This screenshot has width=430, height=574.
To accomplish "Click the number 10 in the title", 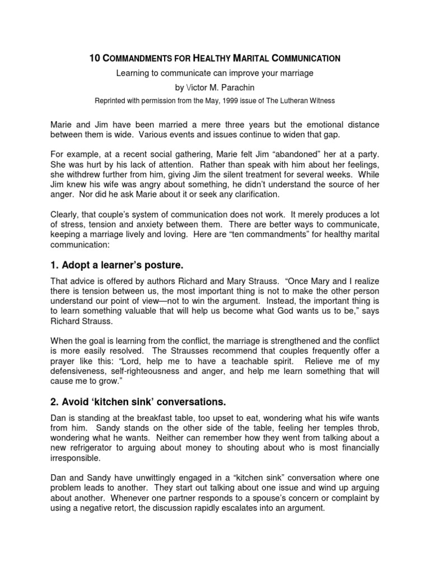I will click(x=95, y=57).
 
